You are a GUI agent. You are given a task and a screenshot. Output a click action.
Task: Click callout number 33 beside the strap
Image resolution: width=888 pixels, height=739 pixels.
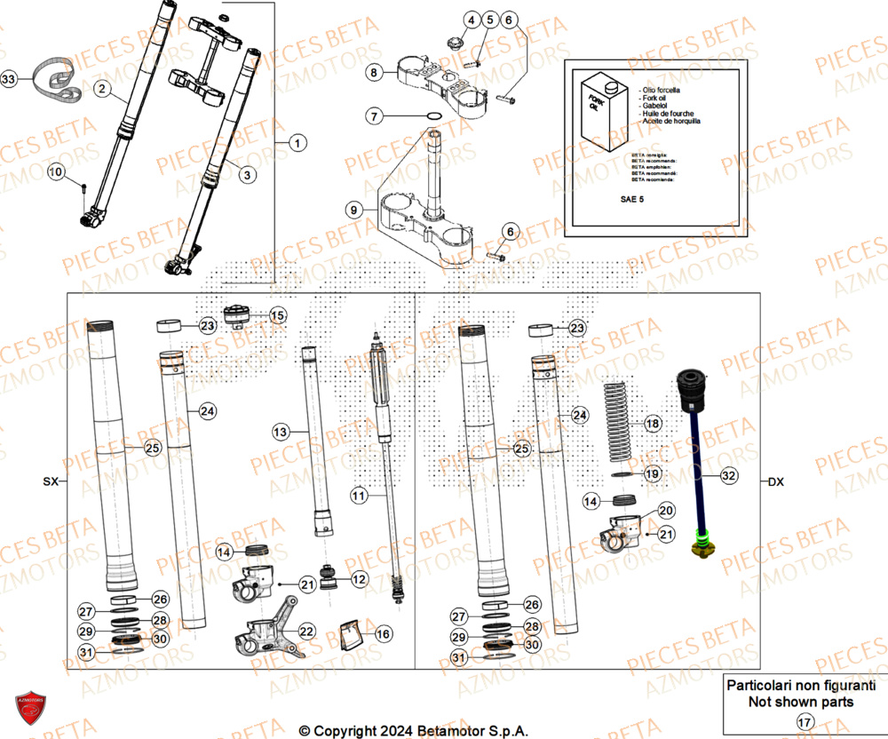click(8, 80)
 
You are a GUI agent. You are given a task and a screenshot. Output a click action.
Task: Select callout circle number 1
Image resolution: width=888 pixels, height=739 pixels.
click(297, 142)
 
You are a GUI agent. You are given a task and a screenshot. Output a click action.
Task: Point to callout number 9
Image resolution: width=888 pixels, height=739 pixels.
click(353, 211)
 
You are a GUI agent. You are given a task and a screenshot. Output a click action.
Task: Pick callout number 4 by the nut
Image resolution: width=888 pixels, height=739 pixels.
click(471, 20)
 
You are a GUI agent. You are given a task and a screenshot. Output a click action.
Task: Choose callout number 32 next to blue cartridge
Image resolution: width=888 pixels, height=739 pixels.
click(728, 476)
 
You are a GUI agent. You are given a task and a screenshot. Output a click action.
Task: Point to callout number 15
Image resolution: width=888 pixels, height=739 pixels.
click(278, 315)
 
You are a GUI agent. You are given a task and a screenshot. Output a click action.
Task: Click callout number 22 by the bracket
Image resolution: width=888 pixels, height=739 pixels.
click(306, 632)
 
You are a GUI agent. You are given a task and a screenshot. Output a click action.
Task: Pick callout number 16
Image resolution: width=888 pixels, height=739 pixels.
click(383, 634)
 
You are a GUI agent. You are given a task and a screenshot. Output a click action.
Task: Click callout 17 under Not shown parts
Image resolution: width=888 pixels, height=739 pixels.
click(803, 721)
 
